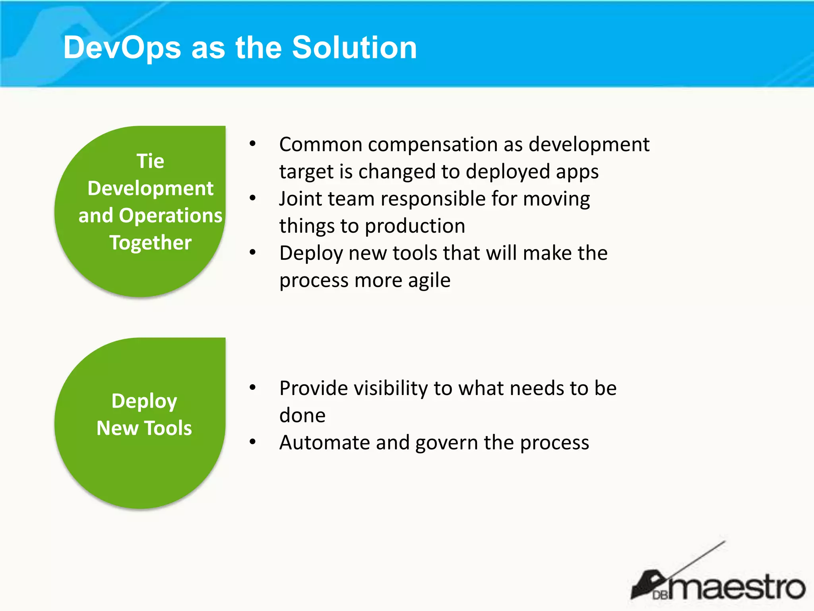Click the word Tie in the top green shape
click(x=150, y=161)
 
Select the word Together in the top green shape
click(x=150, y=243)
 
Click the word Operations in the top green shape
click(x=171, y=216)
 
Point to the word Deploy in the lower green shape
click(x=144, y=401)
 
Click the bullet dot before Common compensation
click(x=252, y=144)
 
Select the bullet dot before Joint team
click(x=252, y=198)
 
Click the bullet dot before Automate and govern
click(x=252, y=442)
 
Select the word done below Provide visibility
click(x=302, y=416)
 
